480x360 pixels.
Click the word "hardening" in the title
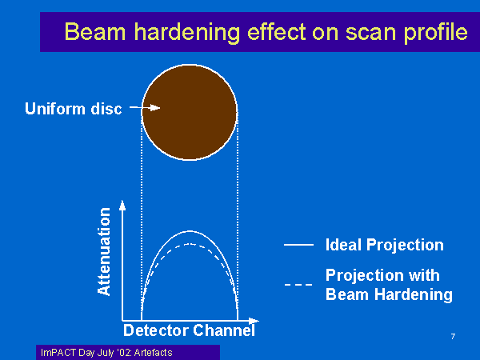(187, 33)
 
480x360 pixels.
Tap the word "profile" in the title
(436, 33)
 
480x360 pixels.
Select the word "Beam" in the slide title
(95, 32)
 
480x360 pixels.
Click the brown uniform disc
(190, 112)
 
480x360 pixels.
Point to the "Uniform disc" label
(74, 109)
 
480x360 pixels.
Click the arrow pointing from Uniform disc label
(145, 108)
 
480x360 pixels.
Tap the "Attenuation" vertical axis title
(104, 251)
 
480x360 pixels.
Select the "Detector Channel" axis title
(189, 330)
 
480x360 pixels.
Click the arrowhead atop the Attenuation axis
(122, 205)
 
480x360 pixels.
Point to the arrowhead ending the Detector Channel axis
(254, 321)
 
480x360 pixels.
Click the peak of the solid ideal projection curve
(190, 231)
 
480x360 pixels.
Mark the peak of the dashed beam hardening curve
(190, 244)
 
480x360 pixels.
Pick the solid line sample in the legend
(298, 245)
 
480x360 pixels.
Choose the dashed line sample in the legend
(298, 285)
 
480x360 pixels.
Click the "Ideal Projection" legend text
(385, 245)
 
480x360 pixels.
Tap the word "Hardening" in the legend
(414, 294)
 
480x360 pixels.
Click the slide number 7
(453, 337)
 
